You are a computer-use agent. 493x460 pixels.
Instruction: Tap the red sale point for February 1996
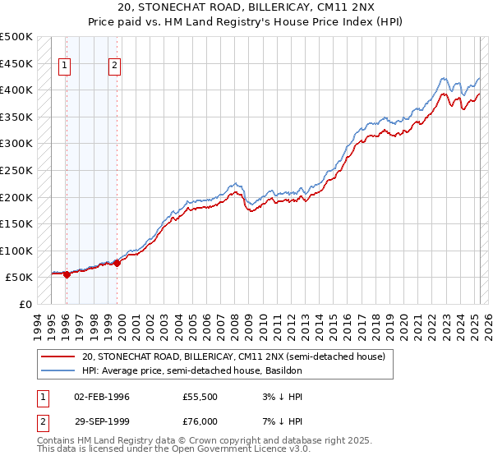pyautogui.click(x=67, y=274)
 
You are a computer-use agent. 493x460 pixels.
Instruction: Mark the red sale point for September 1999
pyautogui.click(x=117, y=263)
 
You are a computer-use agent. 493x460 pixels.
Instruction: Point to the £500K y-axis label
pyautogui.click(x=16, y=37)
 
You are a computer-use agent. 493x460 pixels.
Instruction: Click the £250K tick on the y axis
pyautogui.click(x=16, y=170)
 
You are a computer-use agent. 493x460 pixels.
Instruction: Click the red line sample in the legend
pyautogui.click(x=58, y=356)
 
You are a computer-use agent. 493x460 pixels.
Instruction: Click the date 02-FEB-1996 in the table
pyautogui.click(x=102, y=397)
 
